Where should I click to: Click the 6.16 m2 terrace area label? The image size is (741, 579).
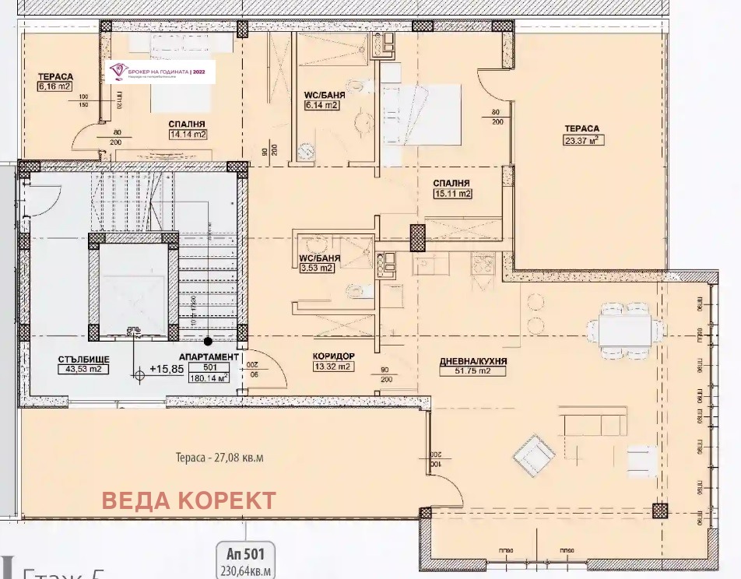pyautogui.click(x=54, y=87)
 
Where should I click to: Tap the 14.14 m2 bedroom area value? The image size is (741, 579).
pyautogui.click(x=187, y=134)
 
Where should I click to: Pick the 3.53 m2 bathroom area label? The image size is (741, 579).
pyautogui.click(x=315, y=268)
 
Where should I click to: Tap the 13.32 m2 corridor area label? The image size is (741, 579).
pyautogui.click(x=332, y=366)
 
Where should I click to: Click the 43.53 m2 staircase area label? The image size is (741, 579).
pyautogui.click(x=83, y=369)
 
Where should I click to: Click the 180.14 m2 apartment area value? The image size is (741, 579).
pyautogui.click(x=209, y=378)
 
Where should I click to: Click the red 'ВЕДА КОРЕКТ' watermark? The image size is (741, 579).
pyautogui.click(x=189, y=500)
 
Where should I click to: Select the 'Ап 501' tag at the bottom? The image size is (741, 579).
pyautogui.click(x=245, y=554)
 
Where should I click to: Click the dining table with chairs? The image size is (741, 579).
pyautogui.click(x=625, y=330)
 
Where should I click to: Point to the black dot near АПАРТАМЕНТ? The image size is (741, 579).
pyautogui.click(x=208, y=341)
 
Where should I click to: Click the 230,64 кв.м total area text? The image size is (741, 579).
pyautogui.click(x=245, y=572)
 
